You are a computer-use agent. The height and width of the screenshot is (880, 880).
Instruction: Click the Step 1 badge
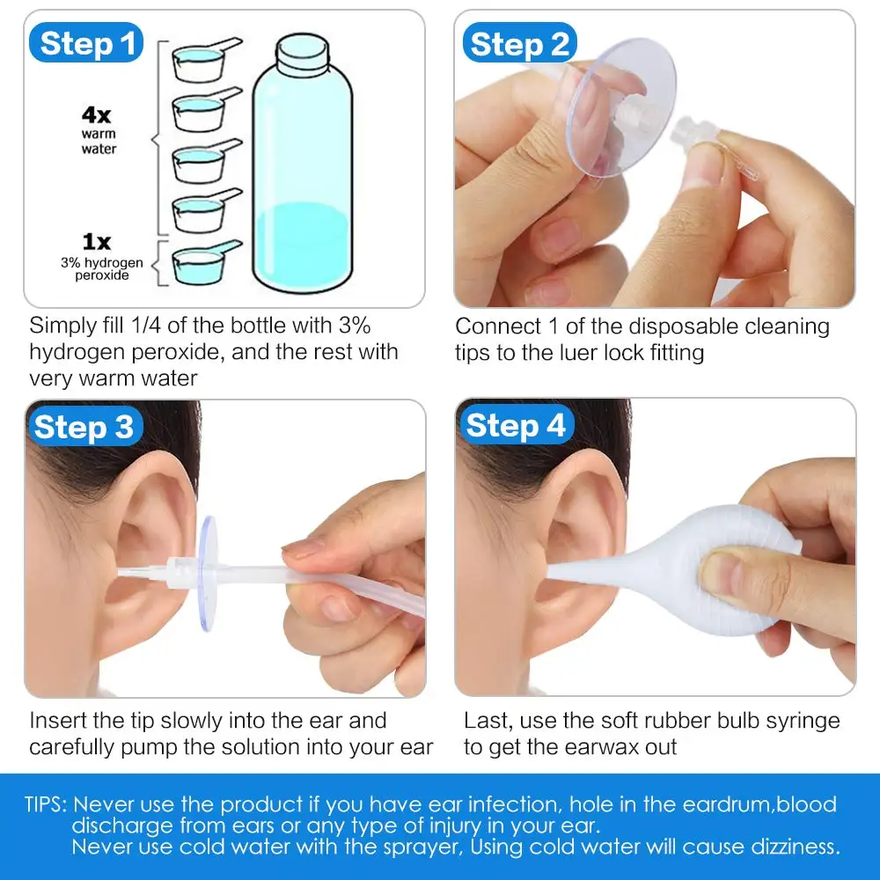(x=85, y=42)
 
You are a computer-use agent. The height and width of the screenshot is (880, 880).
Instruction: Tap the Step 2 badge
(x=520, y=44)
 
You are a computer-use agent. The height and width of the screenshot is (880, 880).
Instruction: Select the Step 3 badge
(x=84, y=427)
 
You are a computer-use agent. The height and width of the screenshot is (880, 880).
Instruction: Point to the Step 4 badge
(x=516, y=426)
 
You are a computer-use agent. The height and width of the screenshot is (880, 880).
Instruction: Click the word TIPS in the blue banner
(x=45, y=804)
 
